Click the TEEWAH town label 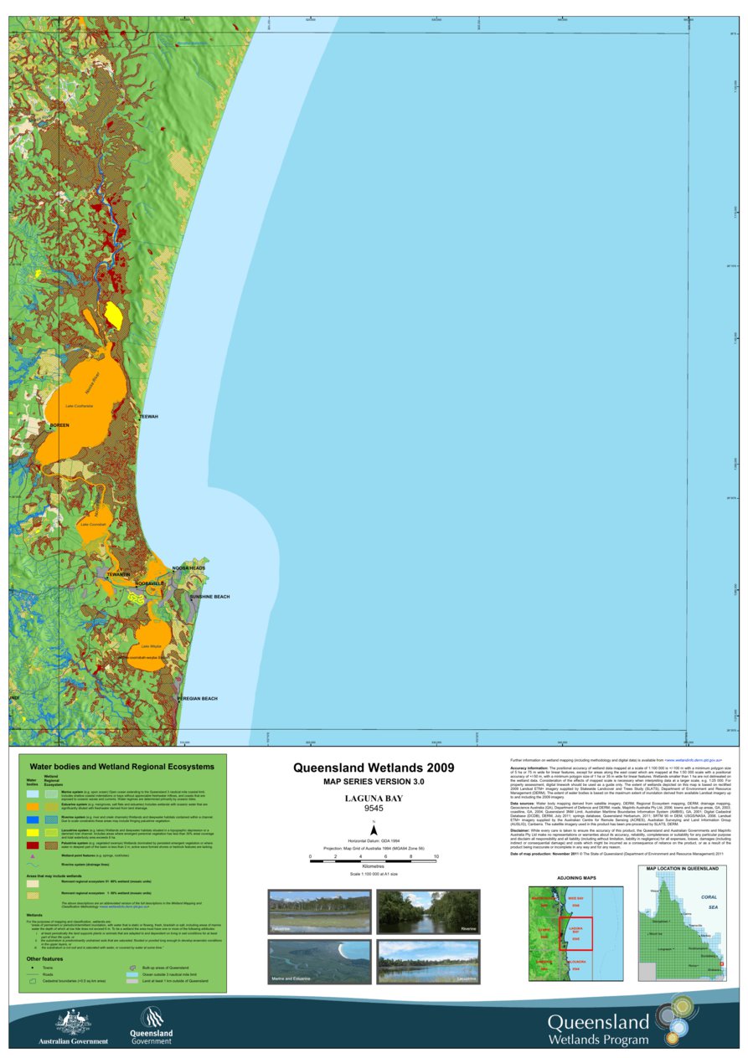pyautogui.click(x=148, y=416)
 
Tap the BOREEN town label pyautogui.click(x=59, y=426)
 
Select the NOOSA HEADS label pyautogui.click(x=188, y=568)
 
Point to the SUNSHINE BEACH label pyautogui.click(x=209, y=597)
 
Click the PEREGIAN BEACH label pyautogui.click(x=197, y=698)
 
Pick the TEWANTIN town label pyautogui.click(x=118, y=574)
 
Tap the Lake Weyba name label pyautogui.click(x=151, y=646)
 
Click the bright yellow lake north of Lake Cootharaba pyautogui.click(x=113, y=315)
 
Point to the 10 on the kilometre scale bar pyautogui.click(x=436, y=857)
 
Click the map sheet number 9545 pyautogui.click(x=374, y=809)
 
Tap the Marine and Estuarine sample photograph pyautogui.click(x=318, y=962)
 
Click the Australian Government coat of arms pyautogui.click(x=73, y=1022)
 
